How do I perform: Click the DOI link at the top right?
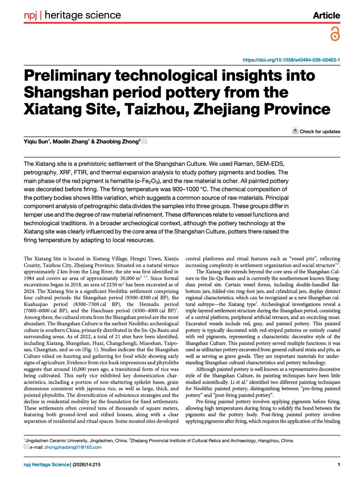tap(291, 60)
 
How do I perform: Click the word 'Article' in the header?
tap(326, 15)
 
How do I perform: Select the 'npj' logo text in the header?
tap(31, 15)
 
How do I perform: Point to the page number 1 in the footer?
tap(338, 465)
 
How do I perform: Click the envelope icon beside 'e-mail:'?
tap(26, 447)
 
